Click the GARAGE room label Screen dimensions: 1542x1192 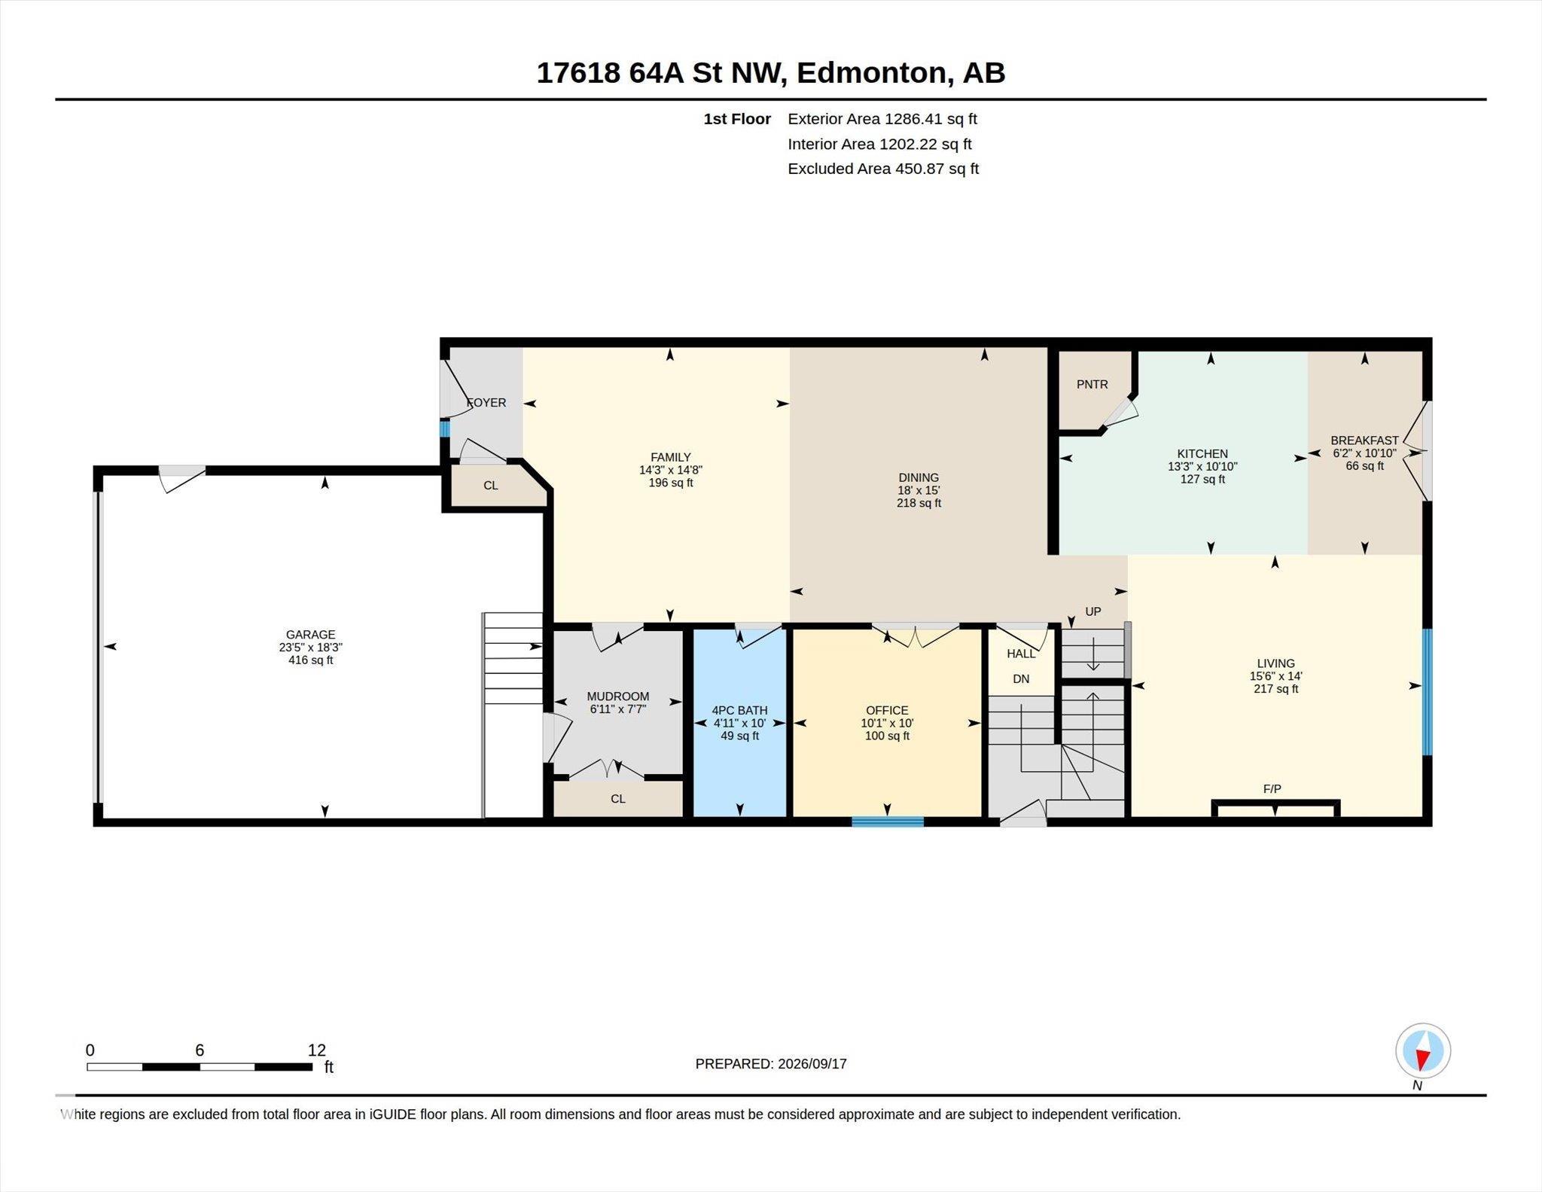310,635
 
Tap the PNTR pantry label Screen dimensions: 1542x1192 1092,385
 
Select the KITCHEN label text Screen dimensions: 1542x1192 1202,454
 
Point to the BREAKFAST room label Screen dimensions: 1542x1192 1364,441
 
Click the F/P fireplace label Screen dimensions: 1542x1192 1272,789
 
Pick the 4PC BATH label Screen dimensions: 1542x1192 739,710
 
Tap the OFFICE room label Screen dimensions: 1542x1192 887,710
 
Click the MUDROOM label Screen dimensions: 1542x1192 617,697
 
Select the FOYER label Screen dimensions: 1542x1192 486,403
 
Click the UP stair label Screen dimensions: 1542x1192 1093,611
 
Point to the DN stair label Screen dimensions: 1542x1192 1021,679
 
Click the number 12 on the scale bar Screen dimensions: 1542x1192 317,1050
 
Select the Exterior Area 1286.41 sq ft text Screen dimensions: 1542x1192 882,119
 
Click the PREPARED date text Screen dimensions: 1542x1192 771,1064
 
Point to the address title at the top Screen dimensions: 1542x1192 770,73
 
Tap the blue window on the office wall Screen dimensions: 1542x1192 888,822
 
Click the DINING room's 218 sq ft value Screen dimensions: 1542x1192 919,503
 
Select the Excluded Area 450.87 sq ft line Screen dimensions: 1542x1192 883,169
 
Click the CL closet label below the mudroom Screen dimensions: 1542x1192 618,799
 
